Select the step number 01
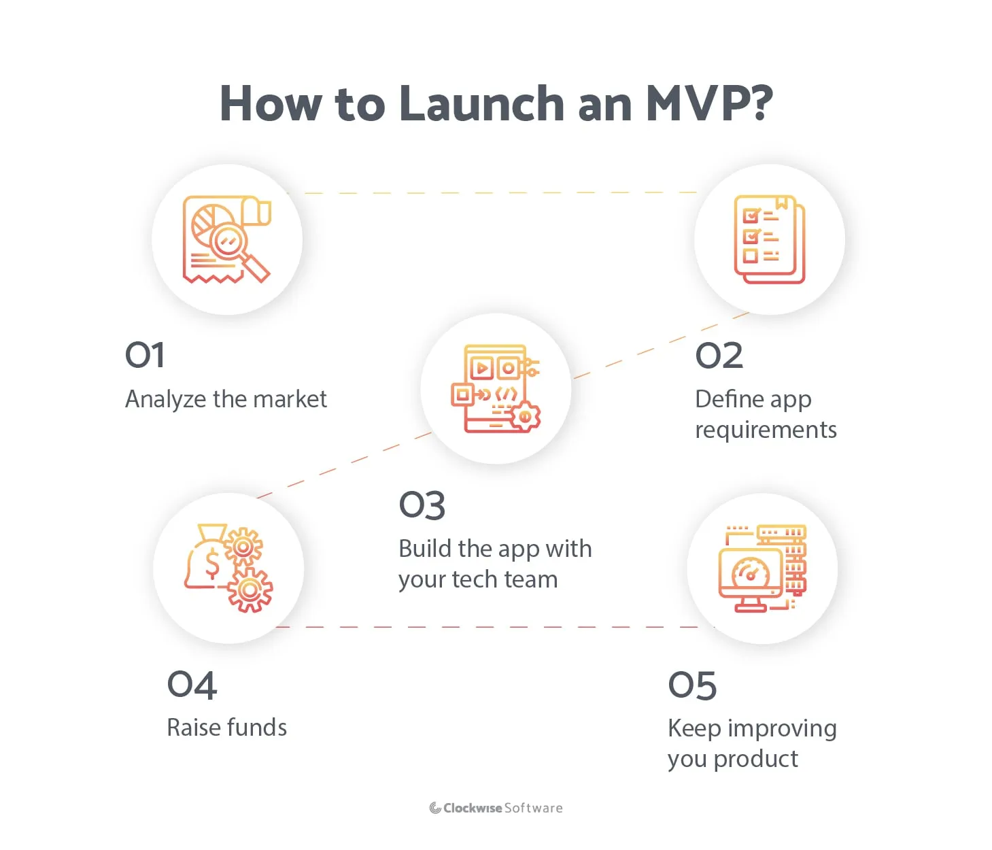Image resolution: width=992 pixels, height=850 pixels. (145, 355)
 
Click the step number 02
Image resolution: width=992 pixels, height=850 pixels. (719, 356)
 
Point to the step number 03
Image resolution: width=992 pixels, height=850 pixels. (422, 505)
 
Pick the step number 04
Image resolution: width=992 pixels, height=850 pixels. (192, 685)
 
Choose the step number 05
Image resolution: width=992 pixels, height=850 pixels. (692, 685)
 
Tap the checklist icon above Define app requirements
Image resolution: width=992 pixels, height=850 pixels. (769, 239)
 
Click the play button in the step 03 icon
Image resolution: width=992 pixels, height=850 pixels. (482, 369)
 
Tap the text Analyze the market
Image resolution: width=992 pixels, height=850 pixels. (226, 399)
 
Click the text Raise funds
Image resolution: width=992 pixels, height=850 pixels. (226, 728)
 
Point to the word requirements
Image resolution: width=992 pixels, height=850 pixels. (766, 430)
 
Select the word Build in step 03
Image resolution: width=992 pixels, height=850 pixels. (426, 549)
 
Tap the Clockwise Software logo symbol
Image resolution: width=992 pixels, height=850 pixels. (435, 808)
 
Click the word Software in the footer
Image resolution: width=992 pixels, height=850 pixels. (534, 808)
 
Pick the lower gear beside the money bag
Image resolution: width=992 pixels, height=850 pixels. (250, 589)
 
